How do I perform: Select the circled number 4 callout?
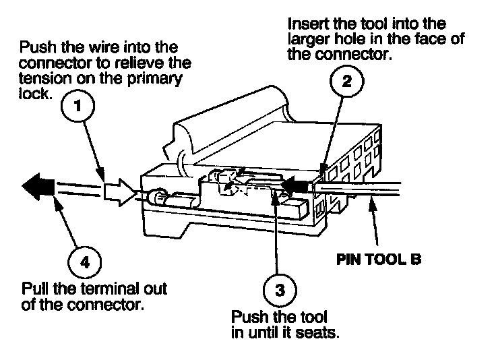coord(84,261)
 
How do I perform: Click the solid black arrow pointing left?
coord(38,183)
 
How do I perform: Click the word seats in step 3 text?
coord(318,332)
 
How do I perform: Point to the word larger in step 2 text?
coord(309,40)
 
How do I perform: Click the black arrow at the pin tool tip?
coord(295,182)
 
